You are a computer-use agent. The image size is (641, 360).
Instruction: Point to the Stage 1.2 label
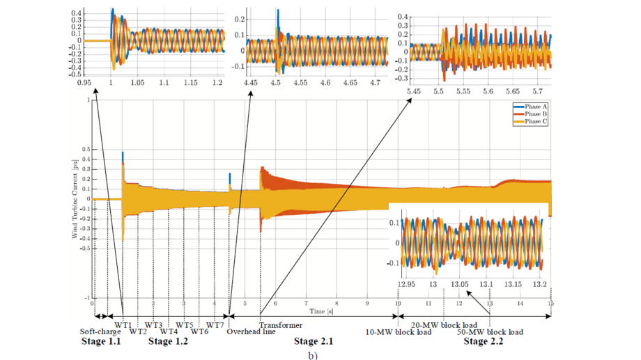tap(169, 342)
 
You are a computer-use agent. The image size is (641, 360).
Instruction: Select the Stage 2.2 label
tap(485, 342)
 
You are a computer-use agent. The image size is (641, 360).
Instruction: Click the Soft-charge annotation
tap(100, 332)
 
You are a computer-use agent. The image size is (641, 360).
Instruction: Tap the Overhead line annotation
tap(251, 332)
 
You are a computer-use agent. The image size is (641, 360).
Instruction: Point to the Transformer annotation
tap(281, 325)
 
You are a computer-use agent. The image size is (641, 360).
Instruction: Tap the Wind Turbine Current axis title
tap(75, 199)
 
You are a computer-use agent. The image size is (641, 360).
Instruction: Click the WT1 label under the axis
tap(123, 325)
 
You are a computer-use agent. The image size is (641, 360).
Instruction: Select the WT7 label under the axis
tap(215, 325)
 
